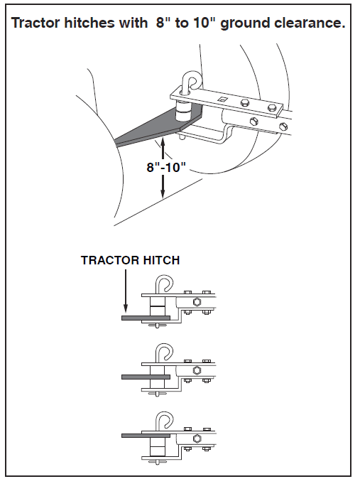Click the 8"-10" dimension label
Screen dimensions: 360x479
(166, 167)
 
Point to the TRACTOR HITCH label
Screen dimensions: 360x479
(131, 260)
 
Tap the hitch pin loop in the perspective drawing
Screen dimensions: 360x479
(190, 81)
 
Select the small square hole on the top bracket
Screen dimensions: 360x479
(222, 99)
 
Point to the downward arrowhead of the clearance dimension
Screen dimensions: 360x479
(163, 193)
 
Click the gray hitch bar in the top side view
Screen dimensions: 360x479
(146, 318)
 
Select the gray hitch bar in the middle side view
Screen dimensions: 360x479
(146, 377)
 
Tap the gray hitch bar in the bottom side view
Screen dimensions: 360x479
(146, 436)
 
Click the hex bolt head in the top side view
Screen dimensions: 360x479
(197, 303)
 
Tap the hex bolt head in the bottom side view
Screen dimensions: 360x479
(197, 439)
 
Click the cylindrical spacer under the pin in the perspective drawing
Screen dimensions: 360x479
(182, 112)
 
